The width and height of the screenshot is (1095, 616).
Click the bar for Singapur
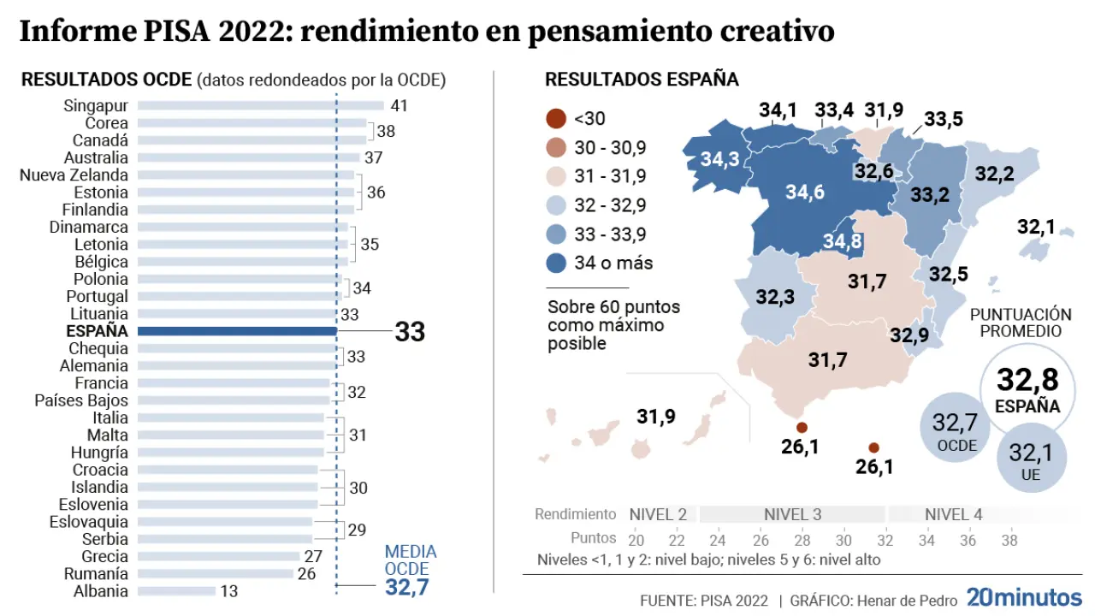click(261, 106)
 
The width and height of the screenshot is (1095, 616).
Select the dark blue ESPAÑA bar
click(237, 331)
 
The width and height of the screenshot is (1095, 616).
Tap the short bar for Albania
click(176, 591)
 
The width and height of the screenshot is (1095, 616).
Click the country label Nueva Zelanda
click(74, 175)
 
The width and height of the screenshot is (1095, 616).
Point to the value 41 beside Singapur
click(399, 106)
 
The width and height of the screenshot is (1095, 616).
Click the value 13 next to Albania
click(228, 591)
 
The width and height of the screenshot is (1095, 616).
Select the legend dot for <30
click(555, 119)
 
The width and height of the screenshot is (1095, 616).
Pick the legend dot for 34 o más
click(555, 263)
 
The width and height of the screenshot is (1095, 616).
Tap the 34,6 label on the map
click(804, 192)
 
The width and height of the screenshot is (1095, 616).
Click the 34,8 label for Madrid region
click(842, 242)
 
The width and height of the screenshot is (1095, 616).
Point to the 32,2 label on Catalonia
click(994, 174)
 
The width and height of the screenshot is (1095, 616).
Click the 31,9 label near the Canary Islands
click(656, 417)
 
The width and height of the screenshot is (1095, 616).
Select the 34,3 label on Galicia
click(719, 160)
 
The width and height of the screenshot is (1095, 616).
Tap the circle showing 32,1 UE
click(1031, 460)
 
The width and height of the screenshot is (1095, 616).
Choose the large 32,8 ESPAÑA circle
click(1027, 390)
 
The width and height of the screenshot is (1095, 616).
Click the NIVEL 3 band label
click(792, 514)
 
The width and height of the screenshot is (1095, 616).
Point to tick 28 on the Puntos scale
click(802, 539)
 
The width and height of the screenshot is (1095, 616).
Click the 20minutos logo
click(1024, 597)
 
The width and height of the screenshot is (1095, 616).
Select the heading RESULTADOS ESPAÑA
click(642, 80)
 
